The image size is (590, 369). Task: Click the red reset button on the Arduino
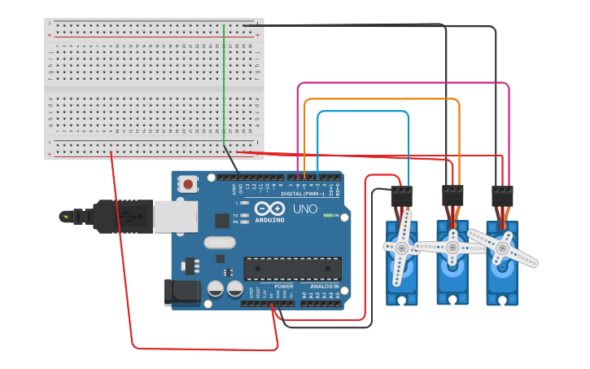coord(189,184)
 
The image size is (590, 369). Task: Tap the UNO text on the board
coord(304,209)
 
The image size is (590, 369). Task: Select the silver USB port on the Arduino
coord(175,216)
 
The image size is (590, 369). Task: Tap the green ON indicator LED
coord(326,216)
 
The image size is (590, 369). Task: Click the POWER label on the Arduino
coord(284,287)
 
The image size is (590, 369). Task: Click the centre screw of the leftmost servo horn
coord(401,248)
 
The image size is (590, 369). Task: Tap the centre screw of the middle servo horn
coord(452,245)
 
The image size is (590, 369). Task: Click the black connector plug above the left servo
coord(402,195)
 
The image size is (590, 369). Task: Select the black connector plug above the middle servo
coord(452,195)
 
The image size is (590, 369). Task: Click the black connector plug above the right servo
coord(503,195)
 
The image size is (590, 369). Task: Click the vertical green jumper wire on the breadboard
coord(223,81)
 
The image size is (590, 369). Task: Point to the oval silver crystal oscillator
coord(220,242)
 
